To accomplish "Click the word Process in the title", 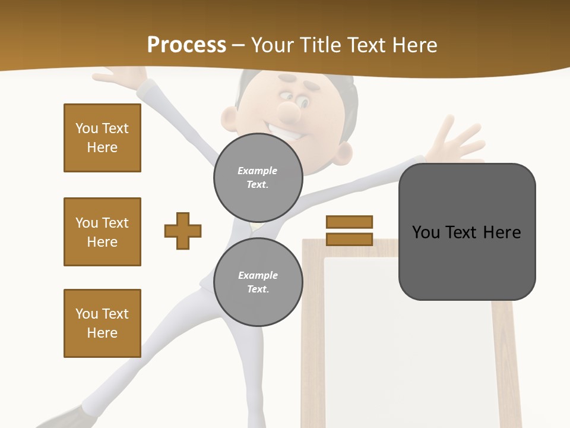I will (186, 45).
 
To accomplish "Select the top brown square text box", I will (102, 138).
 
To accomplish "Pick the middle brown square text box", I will (102, 232).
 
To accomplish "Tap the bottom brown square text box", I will (102, 323).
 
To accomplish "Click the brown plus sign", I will (183, 231).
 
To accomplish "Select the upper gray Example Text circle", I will (258, 177).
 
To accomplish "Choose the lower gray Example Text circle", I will (258, 282).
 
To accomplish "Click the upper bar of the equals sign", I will (349, 222).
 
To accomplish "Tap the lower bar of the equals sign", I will (349, 239).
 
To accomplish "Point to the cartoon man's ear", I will (340, 156).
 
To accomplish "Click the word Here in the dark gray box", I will (502, 232).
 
